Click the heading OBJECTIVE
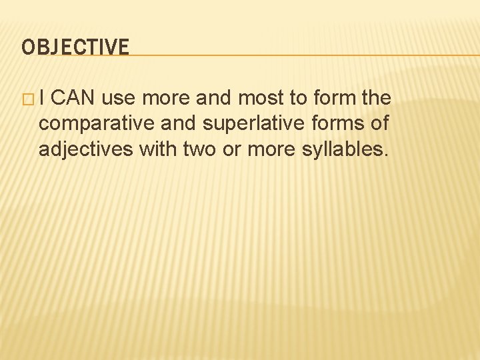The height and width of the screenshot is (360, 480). tap(75, 47)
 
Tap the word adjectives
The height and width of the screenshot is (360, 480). tap(86, 149)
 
